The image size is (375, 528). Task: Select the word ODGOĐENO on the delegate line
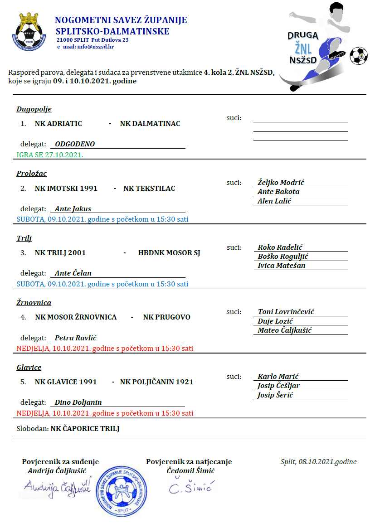pyautogui.click(x=75, y=144)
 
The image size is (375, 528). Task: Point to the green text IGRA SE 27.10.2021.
pyautogui.click(x=50, y=155)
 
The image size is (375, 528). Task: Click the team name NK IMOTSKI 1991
pyautogui.click(x=66, y=188)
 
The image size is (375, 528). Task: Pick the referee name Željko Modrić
pyautogui.click(x=281, y=182)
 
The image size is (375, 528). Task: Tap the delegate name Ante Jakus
pyautogui.click(x=73, y=209)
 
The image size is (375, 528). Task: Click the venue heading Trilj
pyautogui.click(x=24, y=238)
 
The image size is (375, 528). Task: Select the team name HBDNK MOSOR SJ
pyautogui.click(x=169, y=252)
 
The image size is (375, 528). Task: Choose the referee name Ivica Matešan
pyautogui.click(x=281, y=266)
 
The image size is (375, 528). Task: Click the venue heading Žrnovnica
pyautogui.click(x=34, y=303)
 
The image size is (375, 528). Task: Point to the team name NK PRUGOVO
pyautogui.click(x=167, y=317)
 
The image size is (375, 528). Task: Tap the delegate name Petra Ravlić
pyautogui.click(x=76, y=338)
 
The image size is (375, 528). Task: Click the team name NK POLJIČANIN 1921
pyautogui.click(x=156, y=382)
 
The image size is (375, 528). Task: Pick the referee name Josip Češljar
pyautogui.click(x=278, y=386)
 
